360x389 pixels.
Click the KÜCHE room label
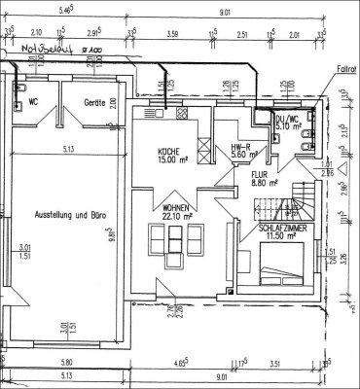[x=172, y=153]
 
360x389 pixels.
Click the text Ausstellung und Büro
[x=68, y=214]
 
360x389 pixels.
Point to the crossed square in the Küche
[x=202, y=154]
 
